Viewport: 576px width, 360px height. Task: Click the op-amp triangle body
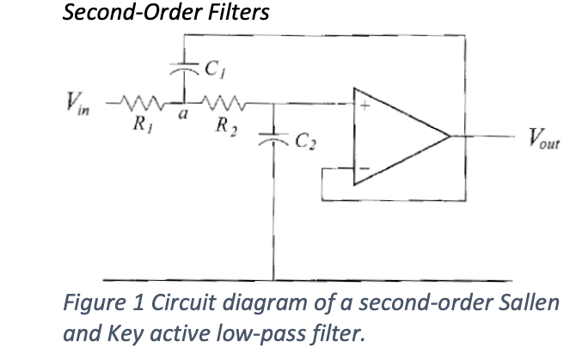click(x=395, y=137)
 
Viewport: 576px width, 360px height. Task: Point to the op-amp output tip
click(x=450, y=137)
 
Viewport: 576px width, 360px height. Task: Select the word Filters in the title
click(x=236, y=14)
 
